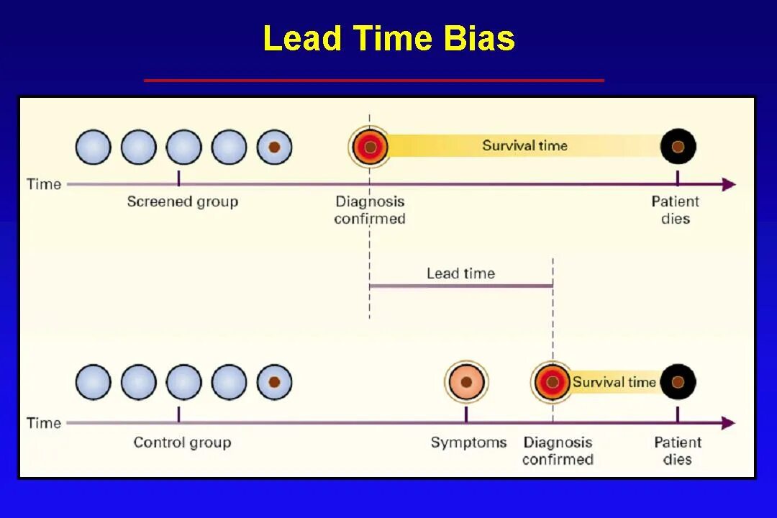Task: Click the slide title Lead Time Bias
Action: (388, 38)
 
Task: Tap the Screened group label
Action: (182, 201)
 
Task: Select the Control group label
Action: (182, 442)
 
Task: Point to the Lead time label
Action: (460, 273)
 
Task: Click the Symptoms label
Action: (468, 442)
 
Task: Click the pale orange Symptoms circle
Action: (466, 382)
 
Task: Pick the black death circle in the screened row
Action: (678, 147)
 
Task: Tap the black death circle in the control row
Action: (678, 382)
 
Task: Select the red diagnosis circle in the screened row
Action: (370, 147)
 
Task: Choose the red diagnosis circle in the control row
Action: (552, 382)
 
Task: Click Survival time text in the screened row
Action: (524, 145)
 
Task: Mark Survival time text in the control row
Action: (614, 382)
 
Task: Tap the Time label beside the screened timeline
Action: (44, 184)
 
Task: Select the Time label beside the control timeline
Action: (44, 423)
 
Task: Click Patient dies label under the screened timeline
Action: (676, 210)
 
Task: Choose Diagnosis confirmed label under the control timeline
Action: (558, 450)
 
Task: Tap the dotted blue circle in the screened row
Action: (274, 147)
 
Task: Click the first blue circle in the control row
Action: (94, 382)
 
